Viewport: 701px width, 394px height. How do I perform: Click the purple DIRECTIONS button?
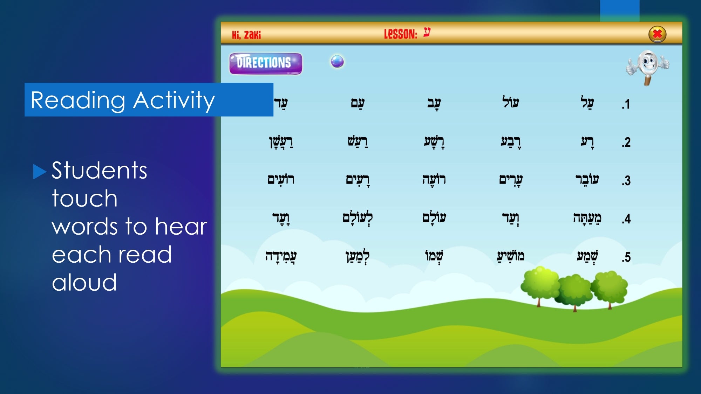(x=266, y=63)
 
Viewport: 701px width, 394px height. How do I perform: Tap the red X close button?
(x=657, y=34)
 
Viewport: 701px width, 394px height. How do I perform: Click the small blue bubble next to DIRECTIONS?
(x=337, y=61)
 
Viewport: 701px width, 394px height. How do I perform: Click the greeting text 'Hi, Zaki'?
(x=246, y=35)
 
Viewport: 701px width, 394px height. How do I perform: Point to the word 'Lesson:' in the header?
(x=401, y=34)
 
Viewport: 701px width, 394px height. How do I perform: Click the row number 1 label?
(x=626, y=104)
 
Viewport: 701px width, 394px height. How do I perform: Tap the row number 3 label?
(x=626, y=181)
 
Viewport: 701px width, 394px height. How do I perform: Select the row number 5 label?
(x=626, y=257)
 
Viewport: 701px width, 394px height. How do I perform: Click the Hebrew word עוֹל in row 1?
(x=510, y=102)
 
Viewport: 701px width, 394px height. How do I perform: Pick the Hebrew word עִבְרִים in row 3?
(x=511, y=180)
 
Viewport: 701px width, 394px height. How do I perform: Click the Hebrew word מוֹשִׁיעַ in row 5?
(x=511, y=256)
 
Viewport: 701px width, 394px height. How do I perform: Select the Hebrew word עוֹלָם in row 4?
(x=434, y=217)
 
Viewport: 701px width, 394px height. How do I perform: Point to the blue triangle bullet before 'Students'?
(x=40, y=172)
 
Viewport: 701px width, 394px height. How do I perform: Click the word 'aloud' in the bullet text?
(x=84, y=282)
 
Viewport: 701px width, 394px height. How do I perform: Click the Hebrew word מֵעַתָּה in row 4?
(x=587, y=218)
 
